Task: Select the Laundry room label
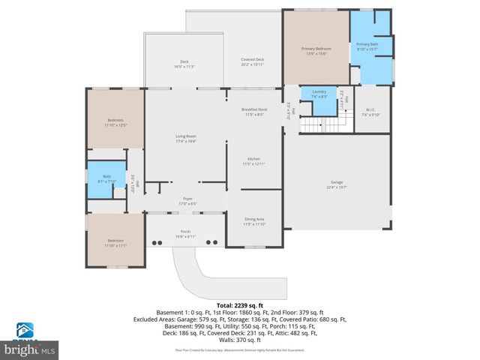tap(319, 94)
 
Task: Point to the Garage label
tap(337, 184)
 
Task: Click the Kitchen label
tap(254, 161)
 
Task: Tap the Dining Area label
tap(254, 221)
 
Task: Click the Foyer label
tap(187, 201)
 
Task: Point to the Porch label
tap(184, 234)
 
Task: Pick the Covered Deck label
tap(252, 61)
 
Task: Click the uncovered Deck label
tap(184, 64)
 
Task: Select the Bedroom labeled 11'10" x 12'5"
tap(115, 122)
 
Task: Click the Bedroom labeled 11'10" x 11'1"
tap(115, 243)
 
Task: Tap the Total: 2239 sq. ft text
tap(239, 306)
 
